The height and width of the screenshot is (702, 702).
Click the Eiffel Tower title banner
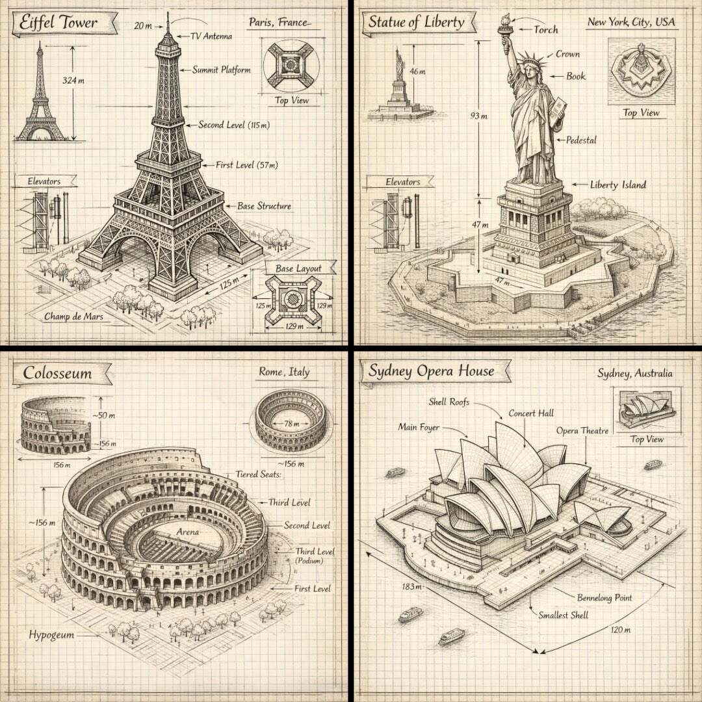pyautogui.click(x=64, y=22)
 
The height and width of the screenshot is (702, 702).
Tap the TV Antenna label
pyautogui.click(x=211, y=36)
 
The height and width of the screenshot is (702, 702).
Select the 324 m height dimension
pyautogui.click(x=73, y=81)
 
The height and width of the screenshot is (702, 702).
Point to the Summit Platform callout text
pyautogui.click(x=222, y=70)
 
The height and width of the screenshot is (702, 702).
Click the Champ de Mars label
pyautogui.click(x=73, y=317)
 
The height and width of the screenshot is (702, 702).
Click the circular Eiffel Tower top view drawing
pyautogui.click(x=291, y=66)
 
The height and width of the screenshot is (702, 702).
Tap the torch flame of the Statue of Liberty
pyautogui.click(x=507, y=20)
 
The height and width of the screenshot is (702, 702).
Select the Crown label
pyautogui.click(x=567, y=54)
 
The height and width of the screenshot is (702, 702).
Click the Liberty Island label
pyautogui.click(x=618, y=185)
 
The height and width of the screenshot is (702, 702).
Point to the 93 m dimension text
pyautogui.click(x=478, y=116)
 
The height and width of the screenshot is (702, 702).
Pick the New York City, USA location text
pyautogui.click(x=631, y=21)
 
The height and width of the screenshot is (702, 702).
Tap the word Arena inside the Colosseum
pyautogui.click(x=188, y=532)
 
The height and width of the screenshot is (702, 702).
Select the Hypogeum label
pyautogui.click(x=51, y=635)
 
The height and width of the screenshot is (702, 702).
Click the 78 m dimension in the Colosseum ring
pyautogui.click(x=291, y=424)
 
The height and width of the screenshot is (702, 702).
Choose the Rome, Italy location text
pyautogui.click(x=284, y=372)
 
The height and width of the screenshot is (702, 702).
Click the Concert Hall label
pyautogui.click(x=531, y=413)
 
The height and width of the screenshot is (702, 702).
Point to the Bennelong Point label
pyautogui.click(x=604, y=598)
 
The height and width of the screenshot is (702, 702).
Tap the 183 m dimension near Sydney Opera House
pyautogui.click(x=411, y=586)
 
